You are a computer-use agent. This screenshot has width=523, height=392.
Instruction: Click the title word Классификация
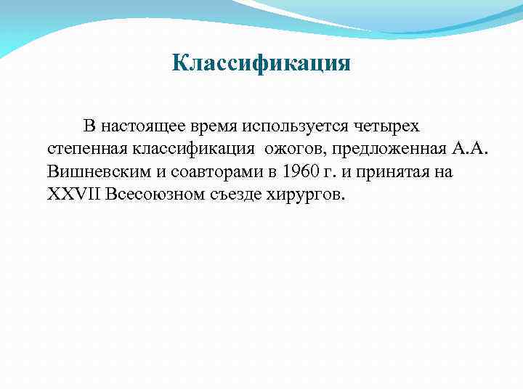pos(261,64)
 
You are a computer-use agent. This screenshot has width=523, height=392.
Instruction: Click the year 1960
pos(299,173)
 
